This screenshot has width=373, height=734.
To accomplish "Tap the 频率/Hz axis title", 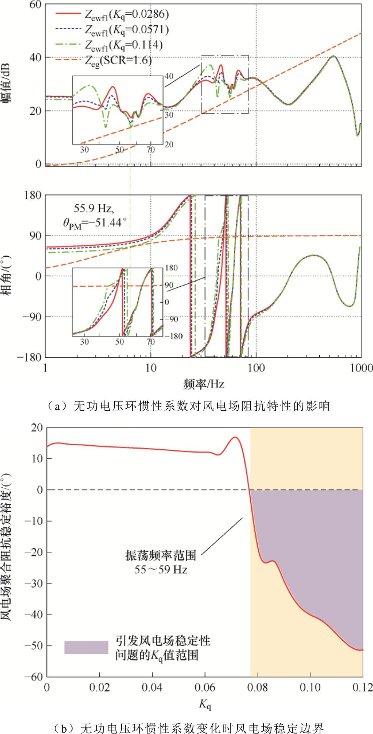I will pos(204,384).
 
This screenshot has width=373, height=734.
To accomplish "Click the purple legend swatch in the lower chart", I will pos(86,647).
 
